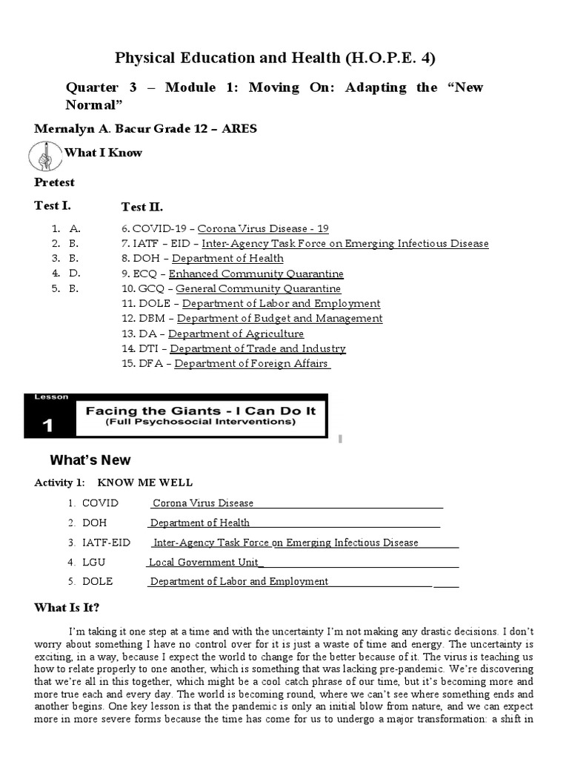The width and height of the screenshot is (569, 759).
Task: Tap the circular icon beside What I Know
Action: click(45, 156)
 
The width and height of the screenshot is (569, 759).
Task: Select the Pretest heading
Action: click(54, 182)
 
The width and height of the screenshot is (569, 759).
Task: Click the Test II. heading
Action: click(142, 207)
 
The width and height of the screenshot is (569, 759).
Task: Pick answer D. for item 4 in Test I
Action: click(74, 274)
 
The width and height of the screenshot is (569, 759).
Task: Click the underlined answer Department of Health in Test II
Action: click(227, 259)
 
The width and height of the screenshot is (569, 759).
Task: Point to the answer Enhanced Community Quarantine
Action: click(256, 274)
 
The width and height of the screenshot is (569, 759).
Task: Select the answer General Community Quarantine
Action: click(258, 288)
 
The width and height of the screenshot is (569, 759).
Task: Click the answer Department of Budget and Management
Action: click(279, 319)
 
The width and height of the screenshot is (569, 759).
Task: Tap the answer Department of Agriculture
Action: click(236, 334)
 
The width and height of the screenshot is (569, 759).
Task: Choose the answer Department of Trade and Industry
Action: click(257, 348)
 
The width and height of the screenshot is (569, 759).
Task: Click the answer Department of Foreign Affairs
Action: click(251, 364)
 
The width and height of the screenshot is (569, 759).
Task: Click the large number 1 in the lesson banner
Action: click(48, 425)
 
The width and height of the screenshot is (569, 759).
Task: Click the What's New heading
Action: click(90, 460)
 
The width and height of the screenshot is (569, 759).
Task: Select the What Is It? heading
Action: click(67, 608)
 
